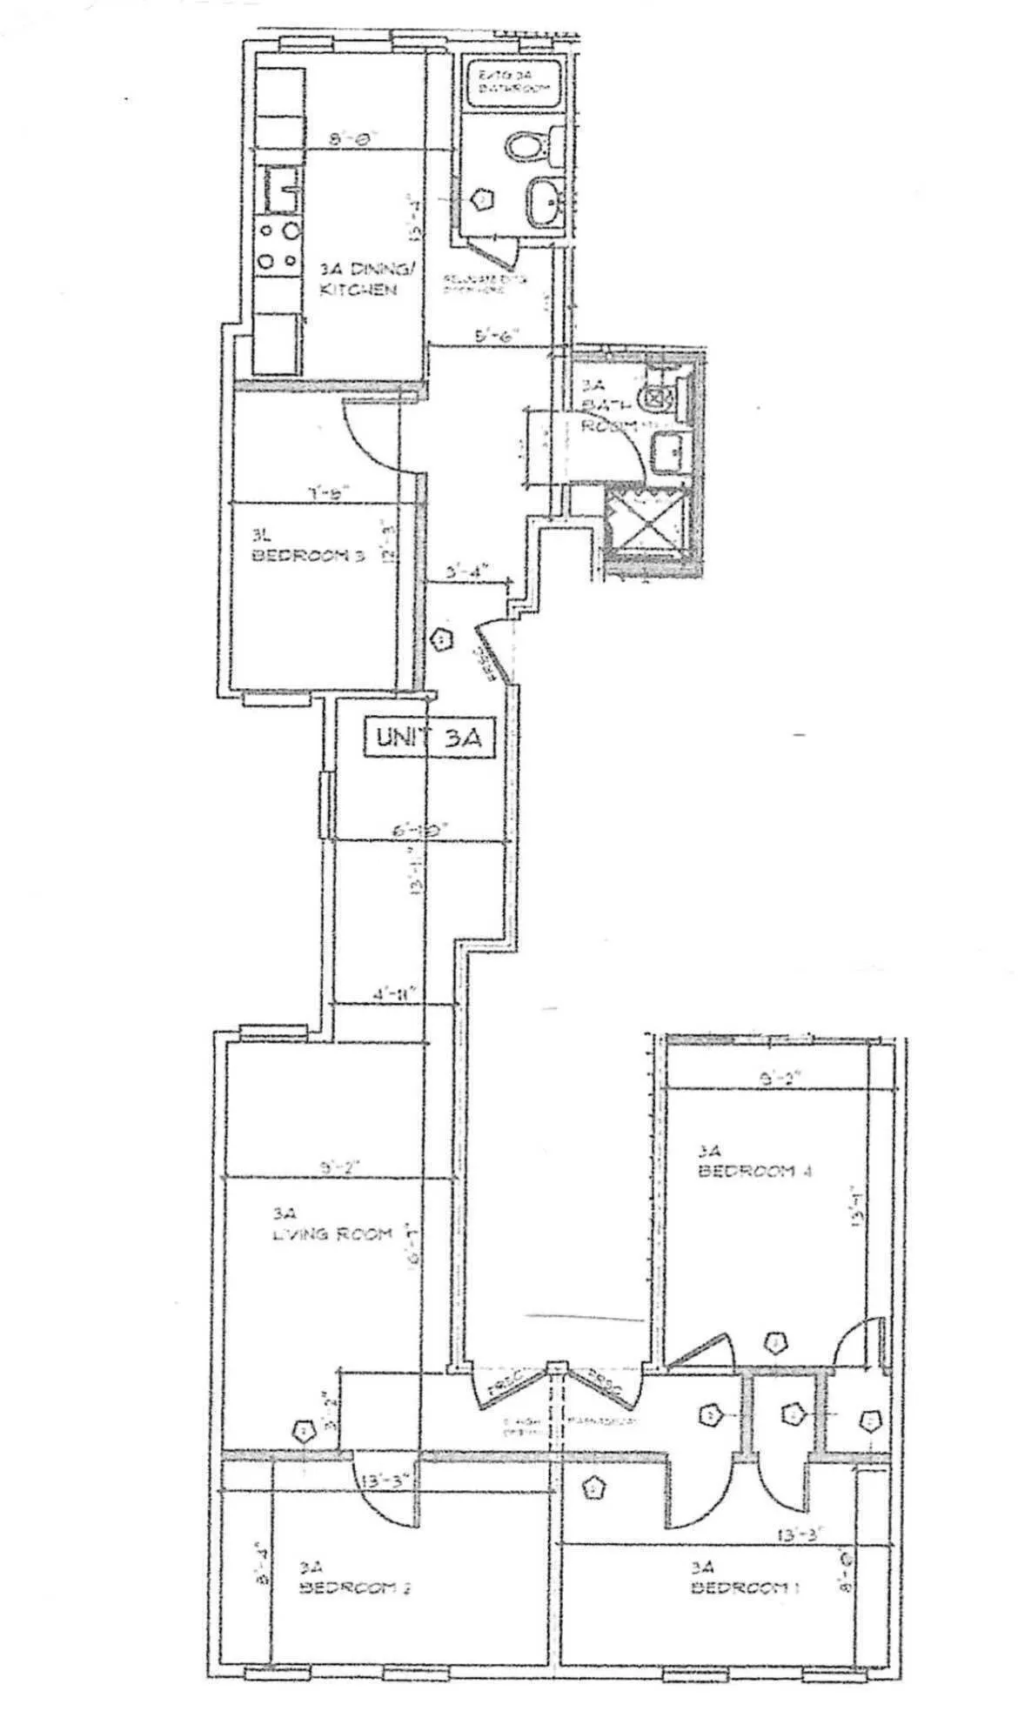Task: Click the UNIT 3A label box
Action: tap(428, 738)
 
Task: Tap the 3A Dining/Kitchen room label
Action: tap(358, 280)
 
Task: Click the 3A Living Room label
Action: tap(331, 1225)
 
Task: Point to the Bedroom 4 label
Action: tap(753, 1162)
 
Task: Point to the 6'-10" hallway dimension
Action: tap(419, 832)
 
